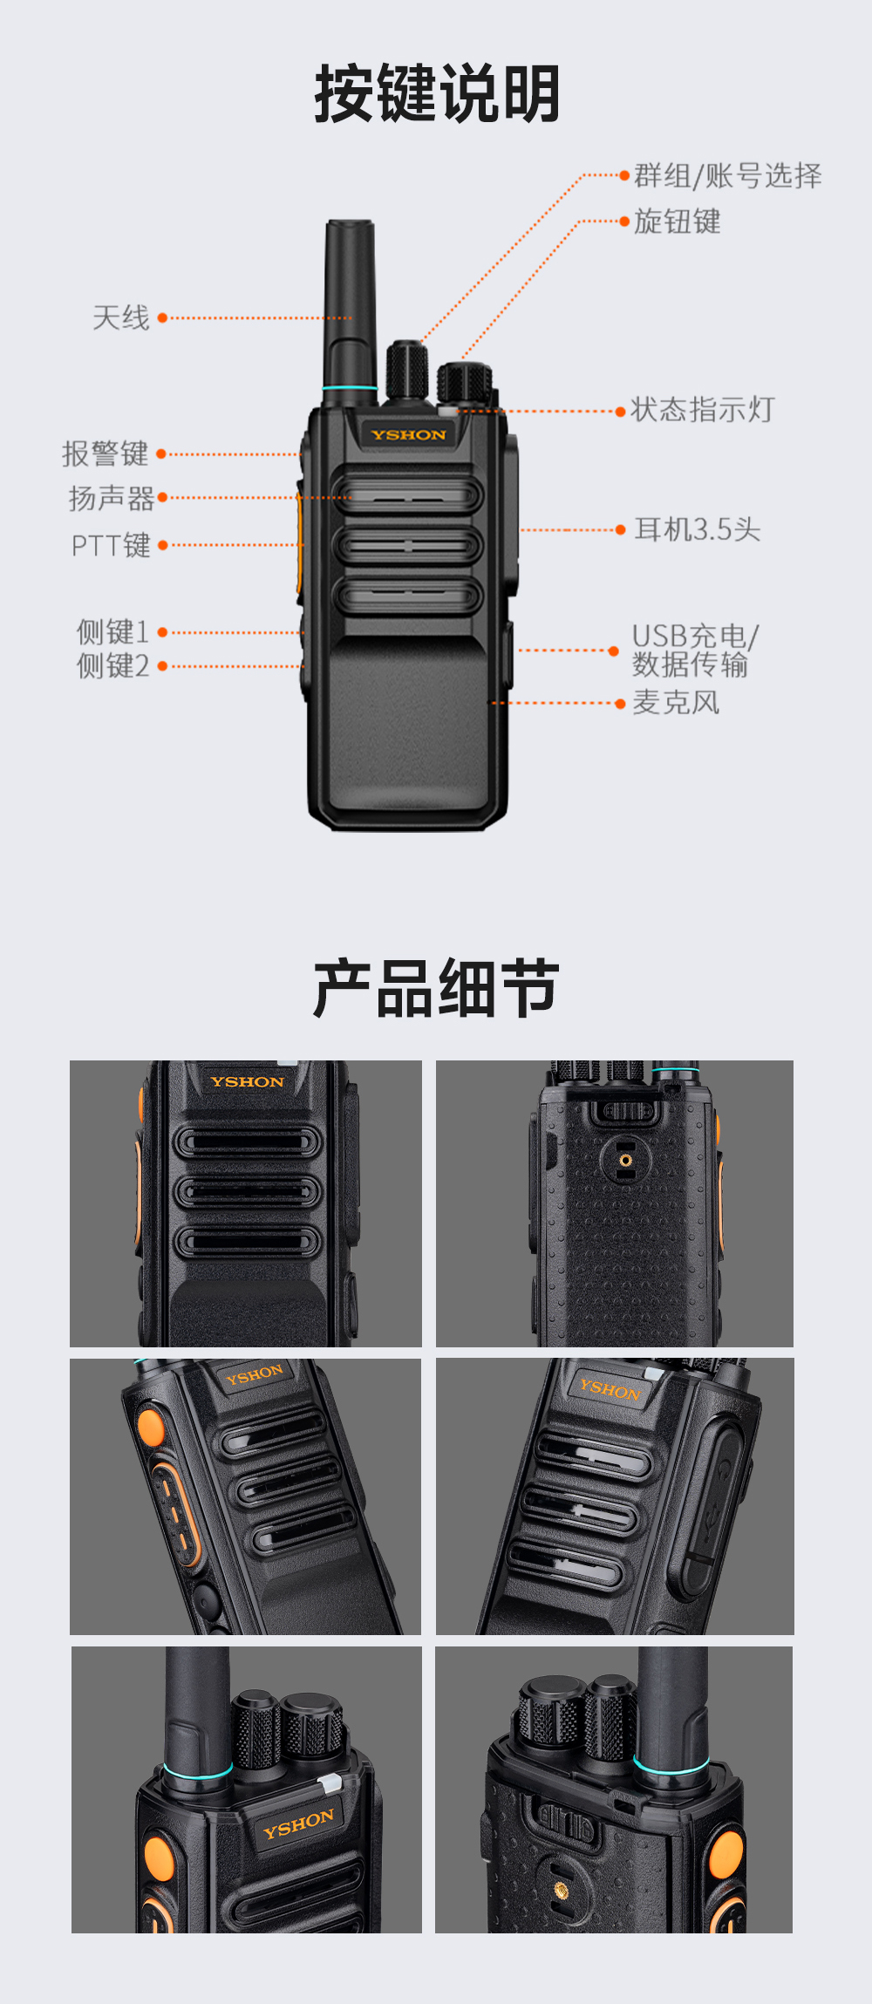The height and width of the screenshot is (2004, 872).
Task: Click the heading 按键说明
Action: [437, 93]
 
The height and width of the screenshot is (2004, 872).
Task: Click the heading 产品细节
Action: [436, 988]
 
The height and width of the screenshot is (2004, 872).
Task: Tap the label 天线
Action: [121, 317]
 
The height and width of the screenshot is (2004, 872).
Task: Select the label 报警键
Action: [106, 453]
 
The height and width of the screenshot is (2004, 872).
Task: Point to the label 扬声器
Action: [112, 498]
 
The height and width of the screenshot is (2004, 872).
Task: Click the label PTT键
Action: [111, 545]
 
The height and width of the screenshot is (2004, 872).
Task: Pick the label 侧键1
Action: [112, 631]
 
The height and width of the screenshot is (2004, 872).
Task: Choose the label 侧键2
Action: [112, 666]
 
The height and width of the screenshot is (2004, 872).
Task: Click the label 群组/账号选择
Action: [728, 175]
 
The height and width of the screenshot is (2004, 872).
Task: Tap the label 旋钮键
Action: [678, 222]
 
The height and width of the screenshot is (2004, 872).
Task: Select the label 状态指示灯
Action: [703, 409]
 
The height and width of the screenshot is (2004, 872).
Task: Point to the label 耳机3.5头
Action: [698, 529]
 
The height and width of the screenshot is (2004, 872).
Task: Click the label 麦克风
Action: [676, 703]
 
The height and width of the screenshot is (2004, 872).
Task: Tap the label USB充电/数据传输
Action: [695, 650]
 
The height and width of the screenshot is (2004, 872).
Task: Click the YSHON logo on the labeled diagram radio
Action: [408, 434]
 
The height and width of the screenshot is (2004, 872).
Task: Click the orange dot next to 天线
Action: [162, 318]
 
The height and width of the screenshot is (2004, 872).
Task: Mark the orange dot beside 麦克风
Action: [620, 703]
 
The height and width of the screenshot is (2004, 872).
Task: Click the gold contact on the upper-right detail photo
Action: [625, 1160]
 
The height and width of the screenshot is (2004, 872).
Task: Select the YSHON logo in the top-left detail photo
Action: [247, 1082]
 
